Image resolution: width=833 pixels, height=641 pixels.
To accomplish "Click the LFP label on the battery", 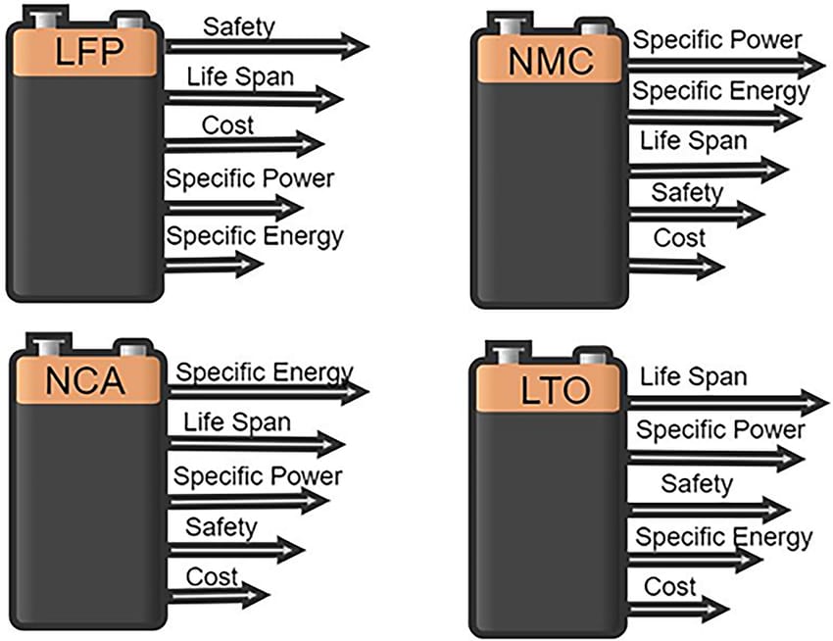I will click(84, 52).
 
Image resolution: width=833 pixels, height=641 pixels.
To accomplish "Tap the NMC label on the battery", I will click(551, 61).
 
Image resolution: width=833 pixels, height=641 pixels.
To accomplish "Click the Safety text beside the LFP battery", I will click(237, 25).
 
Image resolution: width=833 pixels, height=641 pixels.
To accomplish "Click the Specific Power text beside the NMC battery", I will click(717, 40).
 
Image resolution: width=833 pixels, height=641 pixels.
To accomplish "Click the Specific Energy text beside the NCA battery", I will click(264, 372).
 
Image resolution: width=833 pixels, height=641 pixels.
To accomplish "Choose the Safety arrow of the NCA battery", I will click(235, 549).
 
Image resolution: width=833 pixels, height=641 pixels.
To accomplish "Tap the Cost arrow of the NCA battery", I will click(217, 595).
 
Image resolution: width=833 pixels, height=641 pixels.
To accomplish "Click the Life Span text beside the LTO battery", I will click(693, 375).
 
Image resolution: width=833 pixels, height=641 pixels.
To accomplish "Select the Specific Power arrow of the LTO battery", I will click(715, 457).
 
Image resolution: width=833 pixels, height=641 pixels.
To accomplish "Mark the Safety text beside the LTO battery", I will click(696, 483).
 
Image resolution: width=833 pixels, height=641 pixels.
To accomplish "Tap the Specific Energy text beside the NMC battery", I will click(720, 92).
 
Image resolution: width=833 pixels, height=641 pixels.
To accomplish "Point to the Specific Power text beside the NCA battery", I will click(258, 475).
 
